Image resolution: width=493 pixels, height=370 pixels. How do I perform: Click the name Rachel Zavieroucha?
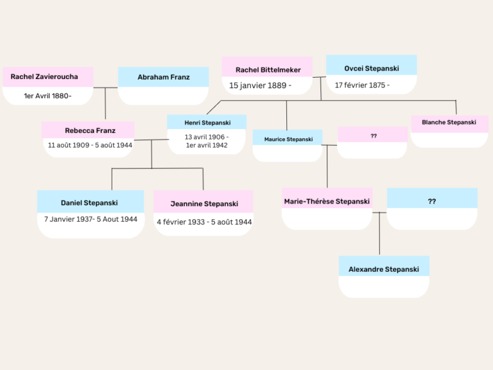(44, 77)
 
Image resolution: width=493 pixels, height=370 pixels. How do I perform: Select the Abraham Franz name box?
(163, 77)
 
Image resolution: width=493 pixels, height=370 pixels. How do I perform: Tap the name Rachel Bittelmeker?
(266, 69)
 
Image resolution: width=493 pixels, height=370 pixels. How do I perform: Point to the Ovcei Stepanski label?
(371, 68)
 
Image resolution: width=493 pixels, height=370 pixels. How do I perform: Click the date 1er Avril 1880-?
(48, 96)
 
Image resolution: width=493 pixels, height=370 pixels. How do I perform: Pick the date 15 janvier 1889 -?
(261, 85)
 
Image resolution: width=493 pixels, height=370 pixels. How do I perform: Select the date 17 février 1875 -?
(362, 85)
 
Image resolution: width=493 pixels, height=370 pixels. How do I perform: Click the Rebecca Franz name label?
(90, 130)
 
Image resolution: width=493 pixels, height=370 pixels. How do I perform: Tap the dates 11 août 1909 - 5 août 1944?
(90, 145)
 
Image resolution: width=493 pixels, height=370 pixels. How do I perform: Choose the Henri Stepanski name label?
(206, 123)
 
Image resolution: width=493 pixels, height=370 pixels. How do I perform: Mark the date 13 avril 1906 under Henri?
(206, 137)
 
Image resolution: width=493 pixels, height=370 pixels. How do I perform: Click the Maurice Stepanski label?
(288, 139)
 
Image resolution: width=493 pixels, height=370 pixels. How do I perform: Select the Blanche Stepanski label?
(449, 122)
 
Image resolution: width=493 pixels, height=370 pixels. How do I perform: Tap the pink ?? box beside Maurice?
(374, 136)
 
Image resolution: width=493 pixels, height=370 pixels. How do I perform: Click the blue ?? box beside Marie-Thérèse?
(431, 201)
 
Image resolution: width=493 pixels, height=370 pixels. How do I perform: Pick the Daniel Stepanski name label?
(90, 203)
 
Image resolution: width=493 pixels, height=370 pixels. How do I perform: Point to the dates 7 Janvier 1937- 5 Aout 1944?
(91, 219)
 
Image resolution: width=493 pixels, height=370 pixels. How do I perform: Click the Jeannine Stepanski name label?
(204, 204)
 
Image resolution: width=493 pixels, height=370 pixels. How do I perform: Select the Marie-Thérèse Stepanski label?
(327, 201)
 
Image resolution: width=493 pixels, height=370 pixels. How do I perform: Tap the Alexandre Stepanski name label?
(383, 269)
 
